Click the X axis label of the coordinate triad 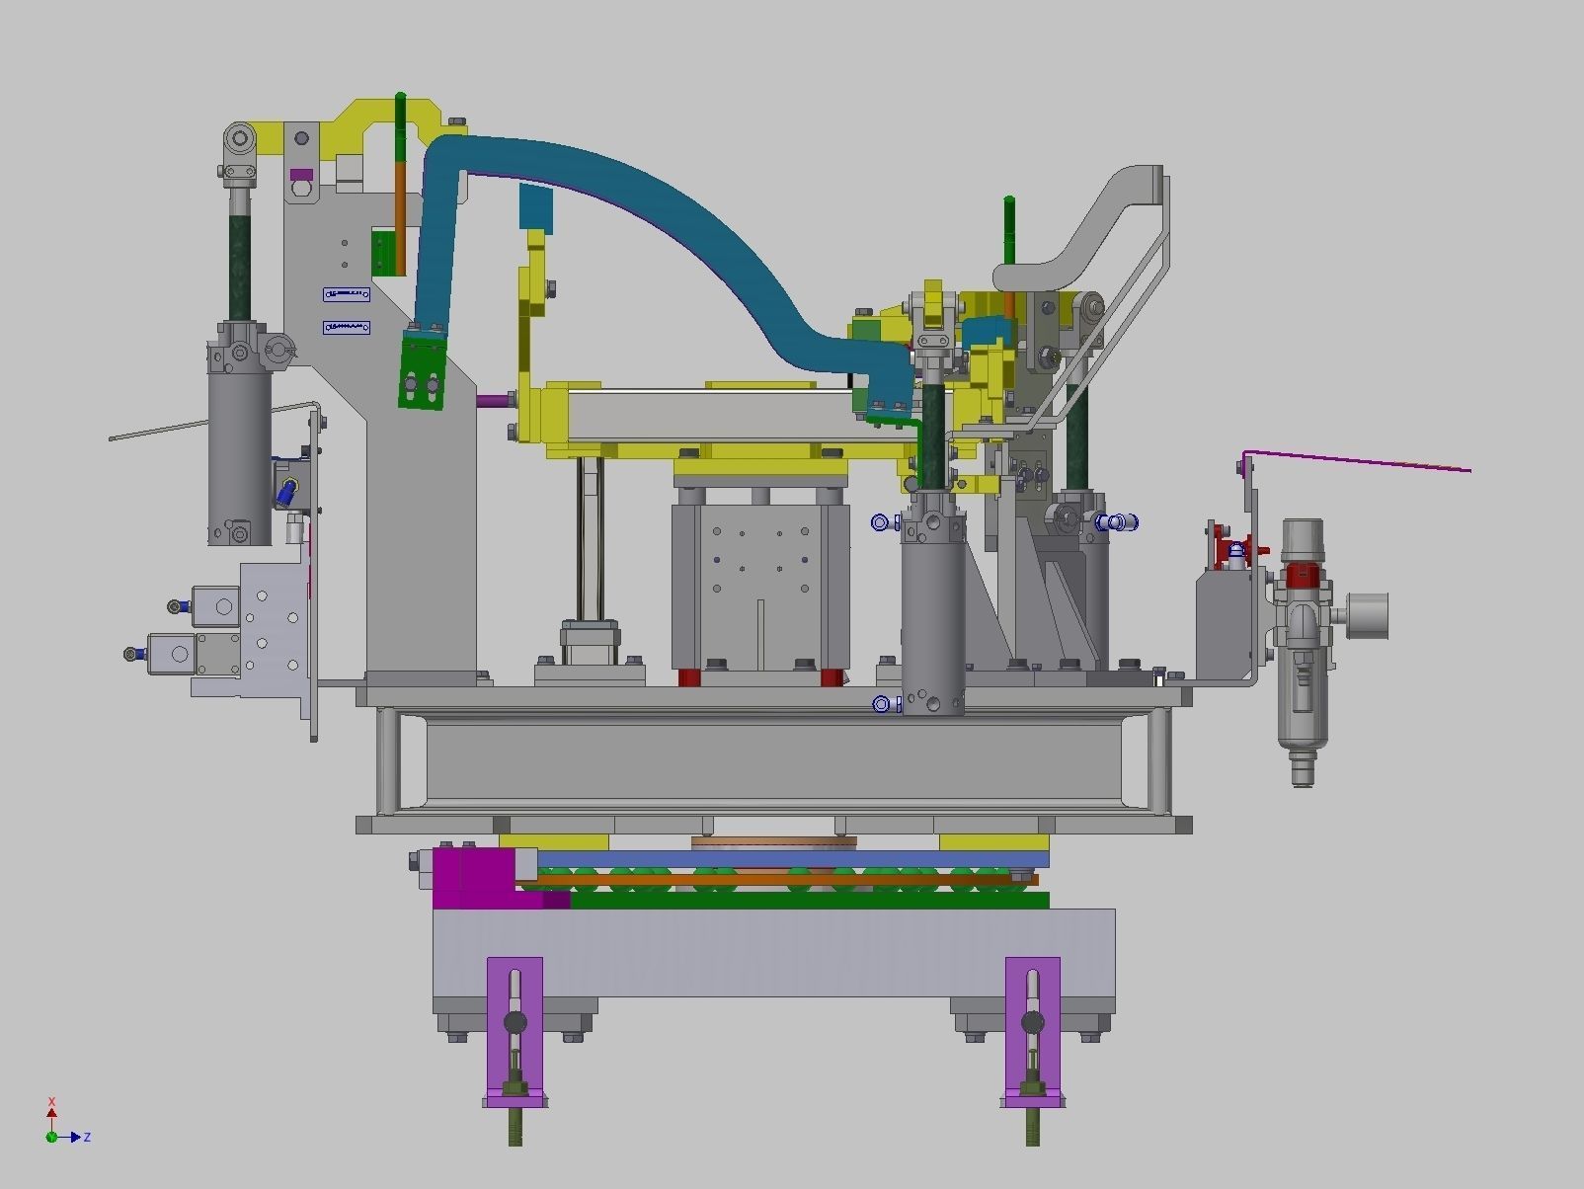tap(51, 1102)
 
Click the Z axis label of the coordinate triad tap(87, 1138)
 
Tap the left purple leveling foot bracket tap(515, 1027)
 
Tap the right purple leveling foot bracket tap(1032, 1027)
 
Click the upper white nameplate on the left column tap(346, 294)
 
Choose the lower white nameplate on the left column tap(346, 327)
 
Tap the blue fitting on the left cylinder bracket tap(287, 489)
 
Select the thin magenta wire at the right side tap(1363, 460)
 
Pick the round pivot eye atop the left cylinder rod tap(239, 140)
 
